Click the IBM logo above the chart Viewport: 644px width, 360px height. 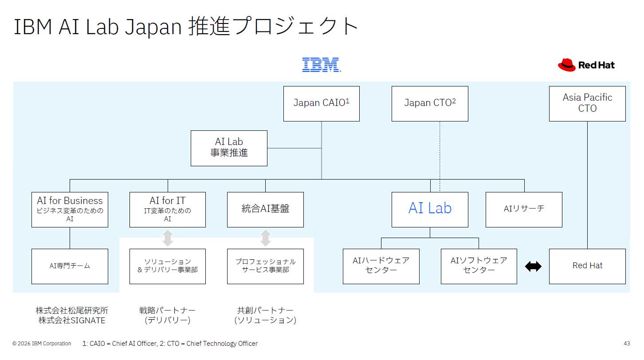(x=322, y=65)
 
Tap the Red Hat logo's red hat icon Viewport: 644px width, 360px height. (x=566, y=65)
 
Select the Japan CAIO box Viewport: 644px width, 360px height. (x=322, y=103)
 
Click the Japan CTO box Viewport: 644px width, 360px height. (x=430, y=103)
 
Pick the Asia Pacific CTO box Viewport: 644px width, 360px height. (x=587, y=103)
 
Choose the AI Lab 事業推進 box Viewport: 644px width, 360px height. (x=229, y=148)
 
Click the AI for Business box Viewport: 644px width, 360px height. (x=70, y=209)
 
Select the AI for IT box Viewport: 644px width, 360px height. (x=168, y=209)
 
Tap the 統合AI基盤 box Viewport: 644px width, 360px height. (x=265, y=209)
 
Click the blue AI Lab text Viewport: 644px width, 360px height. (x=430, y=208)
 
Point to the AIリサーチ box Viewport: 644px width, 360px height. (x=524, y=209)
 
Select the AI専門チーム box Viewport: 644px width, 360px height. (x=70, y=266)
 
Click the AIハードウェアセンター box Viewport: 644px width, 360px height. (x=381, y=266)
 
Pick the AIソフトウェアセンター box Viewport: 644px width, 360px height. (x=479, y=266)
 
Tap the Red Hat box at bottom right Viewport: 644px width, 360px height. (x=587, y=266)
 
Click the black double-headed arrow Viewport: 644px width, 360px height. (x=533, y=266)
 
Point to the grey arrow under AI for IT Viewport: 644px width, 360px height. (x=168, y=238)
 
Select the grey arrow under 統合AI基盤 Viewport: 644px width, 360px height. (x=265, y=238)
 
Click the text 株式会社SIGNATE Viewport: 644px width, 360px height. (x=72, y=321)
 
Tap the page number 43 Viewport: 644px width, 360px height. (x=626, y=344)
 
